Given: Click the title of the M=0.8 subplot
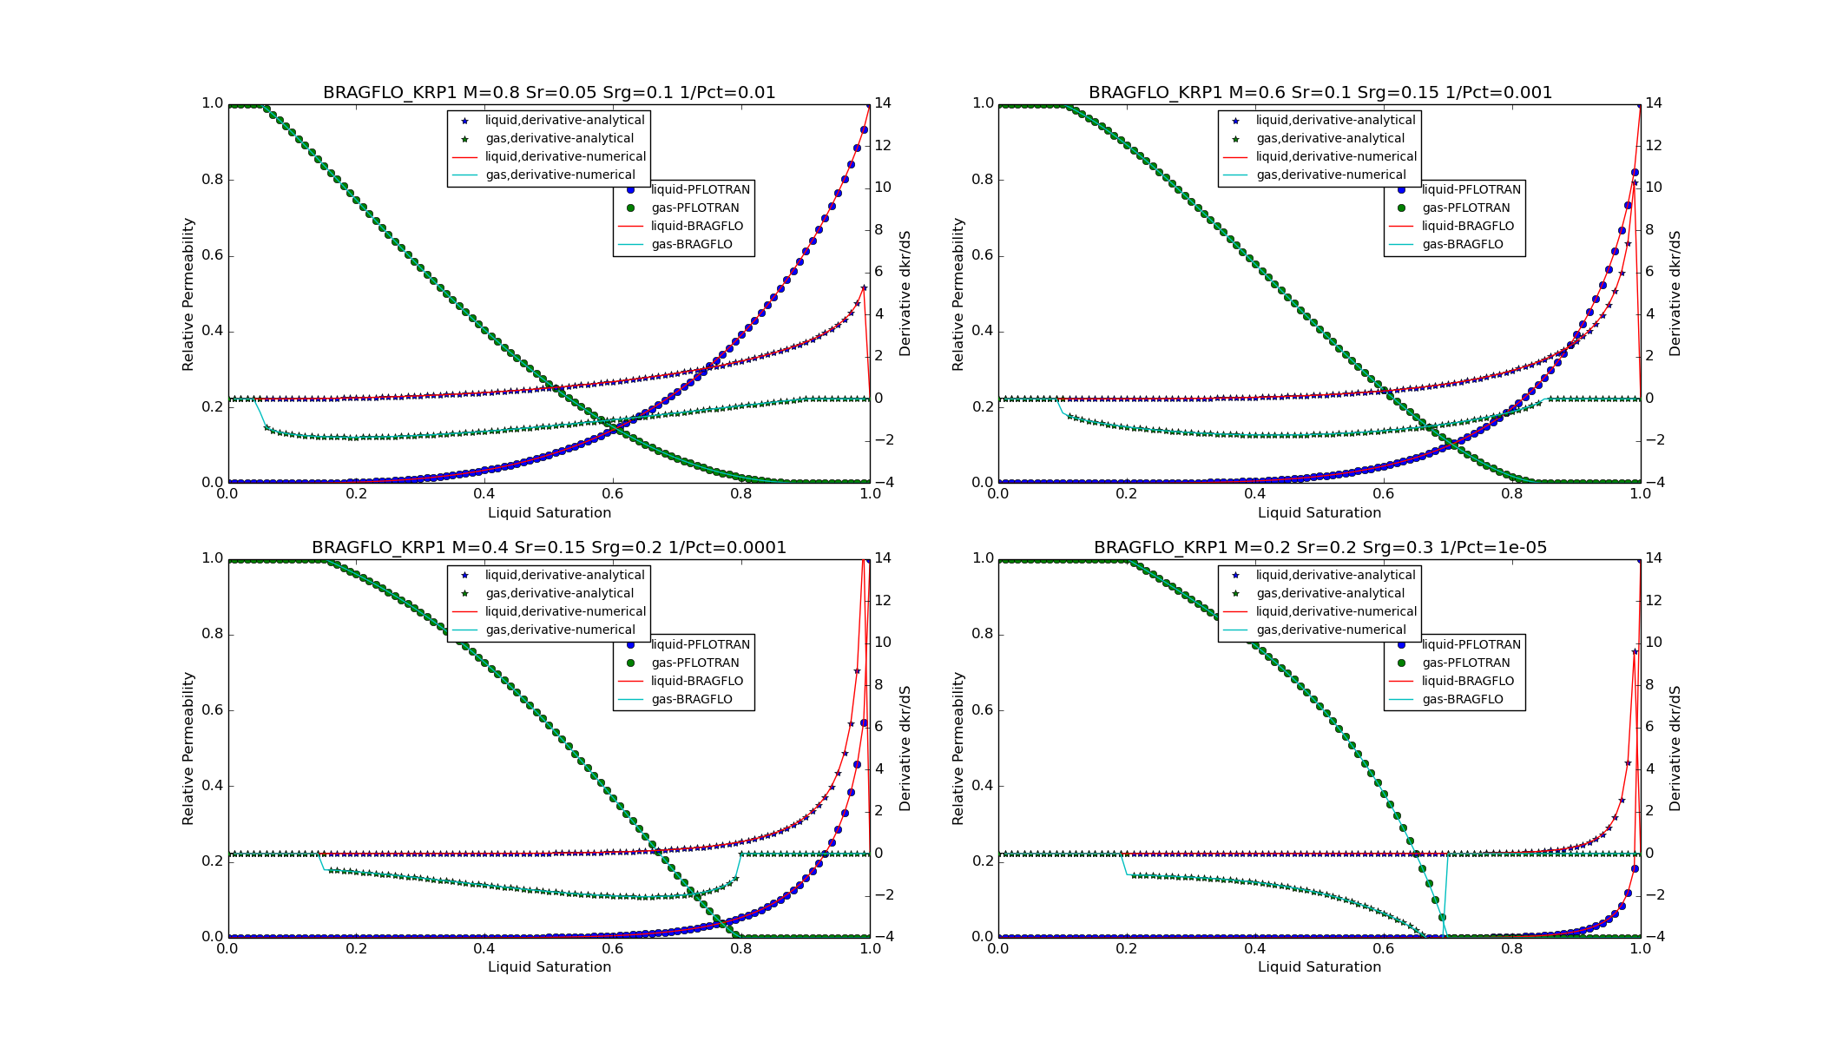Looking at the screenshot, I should pyautogui.click(x=549, y=93).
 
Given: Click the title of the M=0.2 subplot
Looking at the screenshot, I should pyautogui.click(x=1320, y=548).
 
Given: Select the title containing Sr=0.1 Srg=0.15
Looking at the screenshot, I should pyautogui.click(x=1320, y=93).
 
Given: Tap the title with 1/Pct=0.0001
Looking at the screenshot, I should pyautogui.click(x=549, y=548).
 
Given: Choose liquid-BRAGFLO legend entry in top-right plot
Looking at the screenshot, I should pyautogui.click(x=1467, y=227).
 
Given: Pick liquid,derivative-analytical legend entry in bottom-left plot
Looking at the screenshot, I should pyautogui.click(x=564, y=576).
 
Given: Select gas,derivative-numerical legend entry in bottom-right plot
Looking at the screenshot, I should pyautogui.click(x=1331, y=630).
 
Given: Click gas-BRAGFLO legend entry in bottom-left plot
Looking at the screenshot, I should pyautogui.click(x=691, y=700).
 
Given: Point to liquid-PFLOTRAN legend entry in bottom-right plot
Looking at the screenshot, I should pyautogui.click(x=1471, y=645).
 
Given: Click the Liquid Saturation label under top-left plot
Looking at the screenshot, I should pyautogui.click(x=549, y=513).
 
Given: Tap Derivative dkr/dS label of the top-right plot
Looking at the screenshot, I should pyautogui.click(x=1675, y=293).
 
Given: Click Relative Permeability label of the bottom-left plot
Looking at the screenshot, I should pyautogui.click(x=188, y=748).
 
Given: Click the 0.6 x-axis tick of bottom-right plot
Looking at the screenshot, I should pyautogui.click(x=1383, y=949).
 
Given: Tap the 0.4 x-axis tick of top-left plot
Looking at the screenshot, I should pyautogui.click(x=484, y=494).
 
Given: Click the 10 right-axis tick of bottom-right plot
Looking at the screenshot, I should pyautogui.click(x=1653, y=643).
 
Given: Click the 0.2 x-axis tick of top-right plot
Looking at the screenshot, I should pyautogui.click(x=1126, y=494).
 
